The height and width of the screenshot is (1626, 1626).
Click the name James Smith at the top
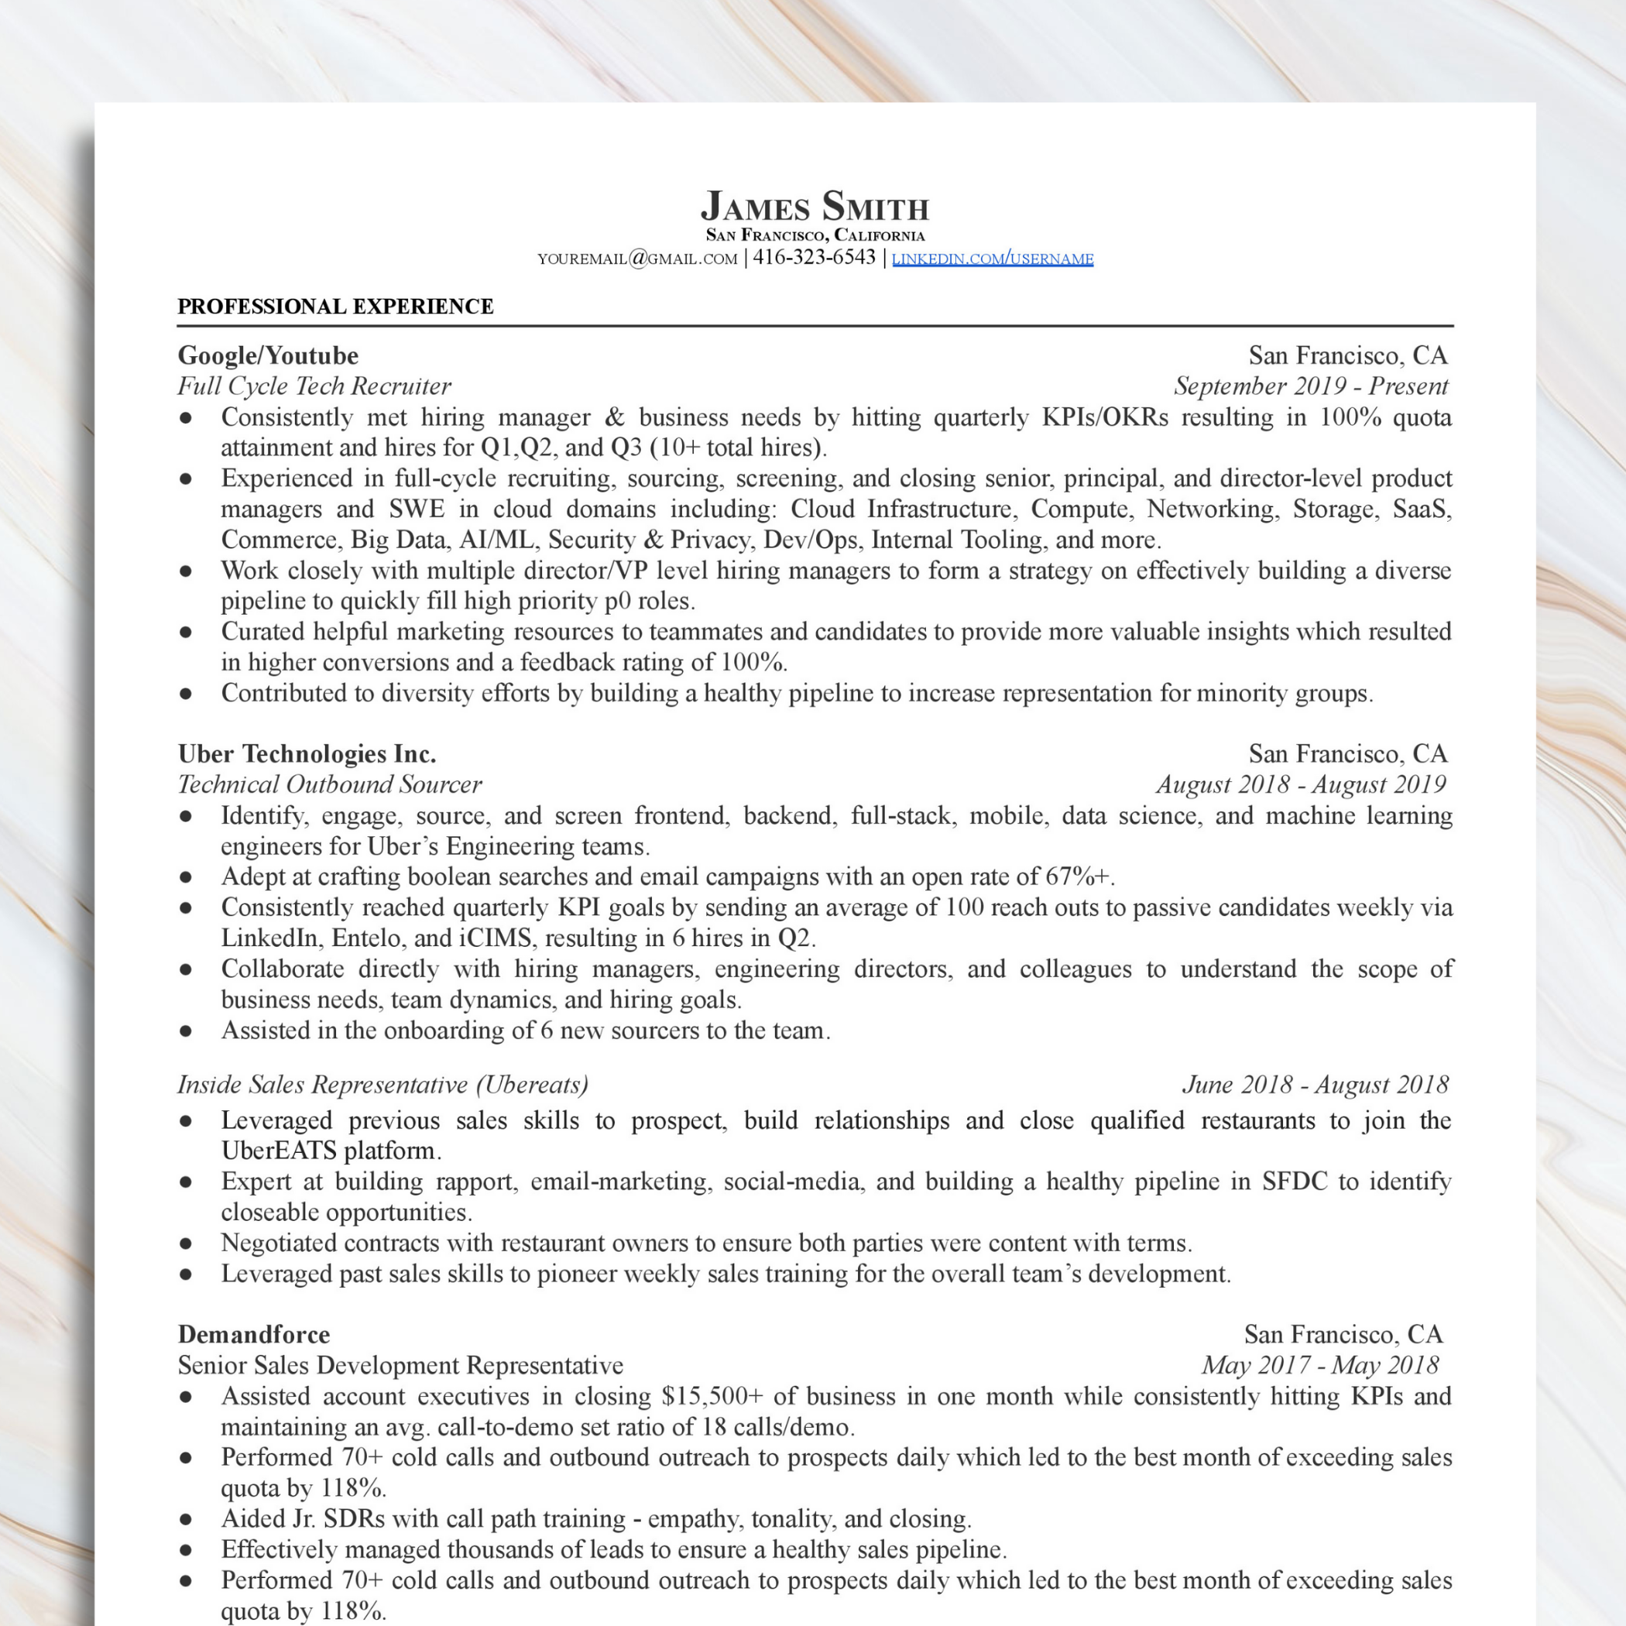pyautogui.click(x=814, y=207)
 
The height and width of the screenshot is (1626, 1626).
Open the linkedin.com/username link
pyautogui.click(x=993, y=259)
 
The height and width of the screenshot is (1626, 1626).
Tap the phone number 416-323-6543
pyautogui.click(x=814, y=258)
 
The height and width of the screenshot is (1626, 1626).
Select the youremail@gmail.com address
pyautogui.click(x=637, y=259)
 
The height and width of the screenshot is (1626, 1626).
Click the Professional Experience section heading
pyautogui.click(x=335, y=307)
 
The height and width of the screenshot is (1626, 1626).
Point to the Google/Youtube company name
pyautogui.click(x=268, y=355)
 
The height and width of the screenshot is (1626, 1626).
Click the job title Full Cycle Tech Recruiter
pyautogui.click(x=314, y=386)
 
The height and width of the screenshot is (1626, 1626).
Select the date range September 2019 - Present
pyautogui.click(x=1310, y=386)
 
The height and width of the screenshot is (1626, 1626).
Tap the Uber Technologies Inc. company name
pyautogui.click(x=307, y=753)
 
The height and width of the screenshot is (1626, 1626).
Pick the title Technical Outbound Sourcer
pyautogui.click(x=329, y=784)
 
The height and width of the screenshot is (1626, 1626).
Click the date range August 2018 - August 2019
pyautogui.click(x=1300, y=784)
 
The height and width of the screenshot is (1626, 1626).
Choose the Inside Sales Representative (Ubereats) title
pyautogui.click(x=382, y=1084)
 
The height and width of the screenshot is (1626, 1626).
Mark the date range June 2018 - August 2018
pyautogui.click(x=1315, y=1084)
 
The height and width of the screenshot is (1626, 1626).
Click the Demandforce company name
pyautogui.click(x=253, y=1334)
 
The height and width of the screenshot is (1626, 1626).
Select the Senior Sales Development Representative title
pyautogui.click(x=400, y=1365)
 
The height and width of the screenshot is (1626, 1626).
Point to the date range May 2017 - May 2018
pyautogui.click(x=1319, y=1365)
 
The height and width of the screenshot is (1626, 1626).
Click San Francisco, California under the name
pyautogui.click(x=814, y=235)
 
